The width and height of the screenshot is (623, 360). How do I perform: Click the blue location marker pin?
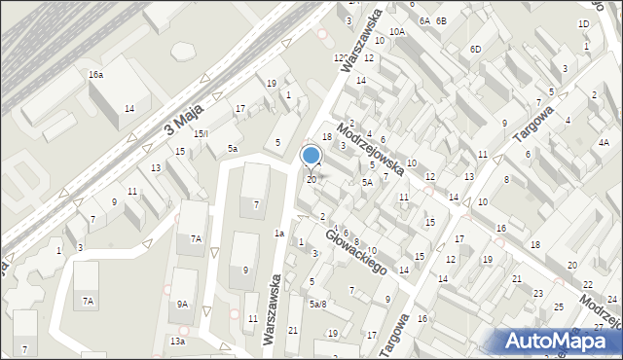pyautogui.click(x=311, y=156)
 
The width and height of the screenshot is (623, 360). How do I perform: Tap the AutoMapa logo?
pyautogui.click(x=559, y=341)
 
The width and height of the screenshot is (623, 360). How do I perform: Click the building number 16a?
pyautogui.click(x=95, y=75)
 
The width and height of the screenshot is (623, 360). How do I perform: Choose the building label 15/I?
pyautogui.click(x=202, y=133)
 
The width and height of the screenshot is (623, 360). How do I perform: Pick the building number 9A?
pyautogui.click(x=181, y=304)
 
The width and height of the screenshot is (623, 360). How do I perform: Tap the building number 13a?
pyautogui.click(x=176, y=342)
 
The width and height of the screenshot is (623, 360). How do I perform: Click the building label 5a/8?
pyautogui.click(x=317, y=304)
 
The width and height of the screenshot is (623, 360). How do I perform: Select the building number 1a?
pyautogui.click(x=279, y=233)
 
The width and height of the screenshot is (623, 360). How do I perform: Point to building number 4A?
pyautogui.click(x=604, y=143)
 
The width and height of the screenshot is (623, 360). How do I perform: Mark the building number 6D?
pyautogui.click(x=475, y=49)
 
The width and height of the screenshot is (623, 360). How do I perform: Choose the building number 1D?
pyautogui.click(x=583, y=23)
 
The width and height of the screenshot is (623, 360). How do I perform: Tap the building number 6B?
pyautogui.click(x=441, y=20)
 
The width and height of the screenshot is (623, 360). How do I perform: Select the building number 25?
pyautogui.click(x=558, y=306)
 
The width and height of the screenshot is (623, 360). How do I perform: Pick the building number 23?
pyautogui.click(x=537, y=293)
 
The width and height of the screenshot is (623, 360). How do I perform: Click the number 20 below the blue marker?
pyautogui.click(x=311, y=179)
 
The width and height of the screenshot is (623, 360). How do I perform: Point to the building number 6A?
pyautogui.click(x=424, y=20)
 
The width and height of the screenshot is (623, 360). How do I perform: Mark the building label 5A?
pyautogui.click(x=367, y=182)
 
